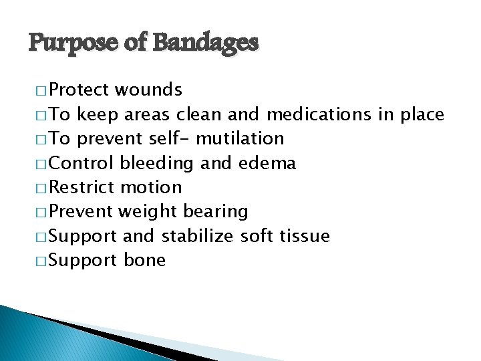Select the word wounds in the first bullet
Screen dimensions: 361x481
tap(148, 90)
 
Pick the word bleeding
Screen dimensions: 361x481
tap(156, 162)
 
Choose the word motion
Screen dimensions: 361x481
tap(152, 187)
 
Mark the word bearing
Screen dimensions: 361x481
tap(216, 211)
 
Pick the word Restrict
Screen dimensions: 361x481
tap(82, 187)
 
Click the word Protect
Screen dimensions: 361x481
tap(80, 90)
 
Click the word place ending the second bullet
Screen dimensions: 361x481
tap(422, 114)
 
